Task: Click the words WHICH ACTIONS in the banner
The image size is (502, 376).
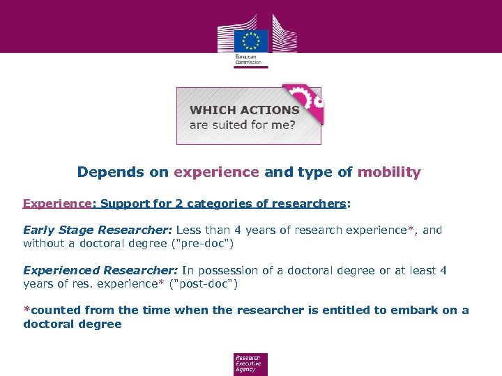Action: (x=244, y=110)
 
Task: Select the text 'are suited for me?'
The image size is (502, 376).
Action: (x=242, y=125)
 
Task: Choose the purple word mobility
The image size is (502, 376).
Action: (x=389, y=172)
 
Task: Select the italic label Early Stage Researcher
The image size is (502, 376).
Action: (x=98, y=230)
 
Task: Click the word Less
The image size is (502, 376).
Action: (x=189, y=230)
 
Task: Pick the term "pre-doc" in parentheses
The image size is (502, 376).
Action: (x=236, y=244)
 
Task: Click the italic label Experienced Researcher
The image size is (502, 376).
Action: (x=100, y=270)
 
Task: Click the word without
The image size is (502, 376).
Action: (x=44, y=244)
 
